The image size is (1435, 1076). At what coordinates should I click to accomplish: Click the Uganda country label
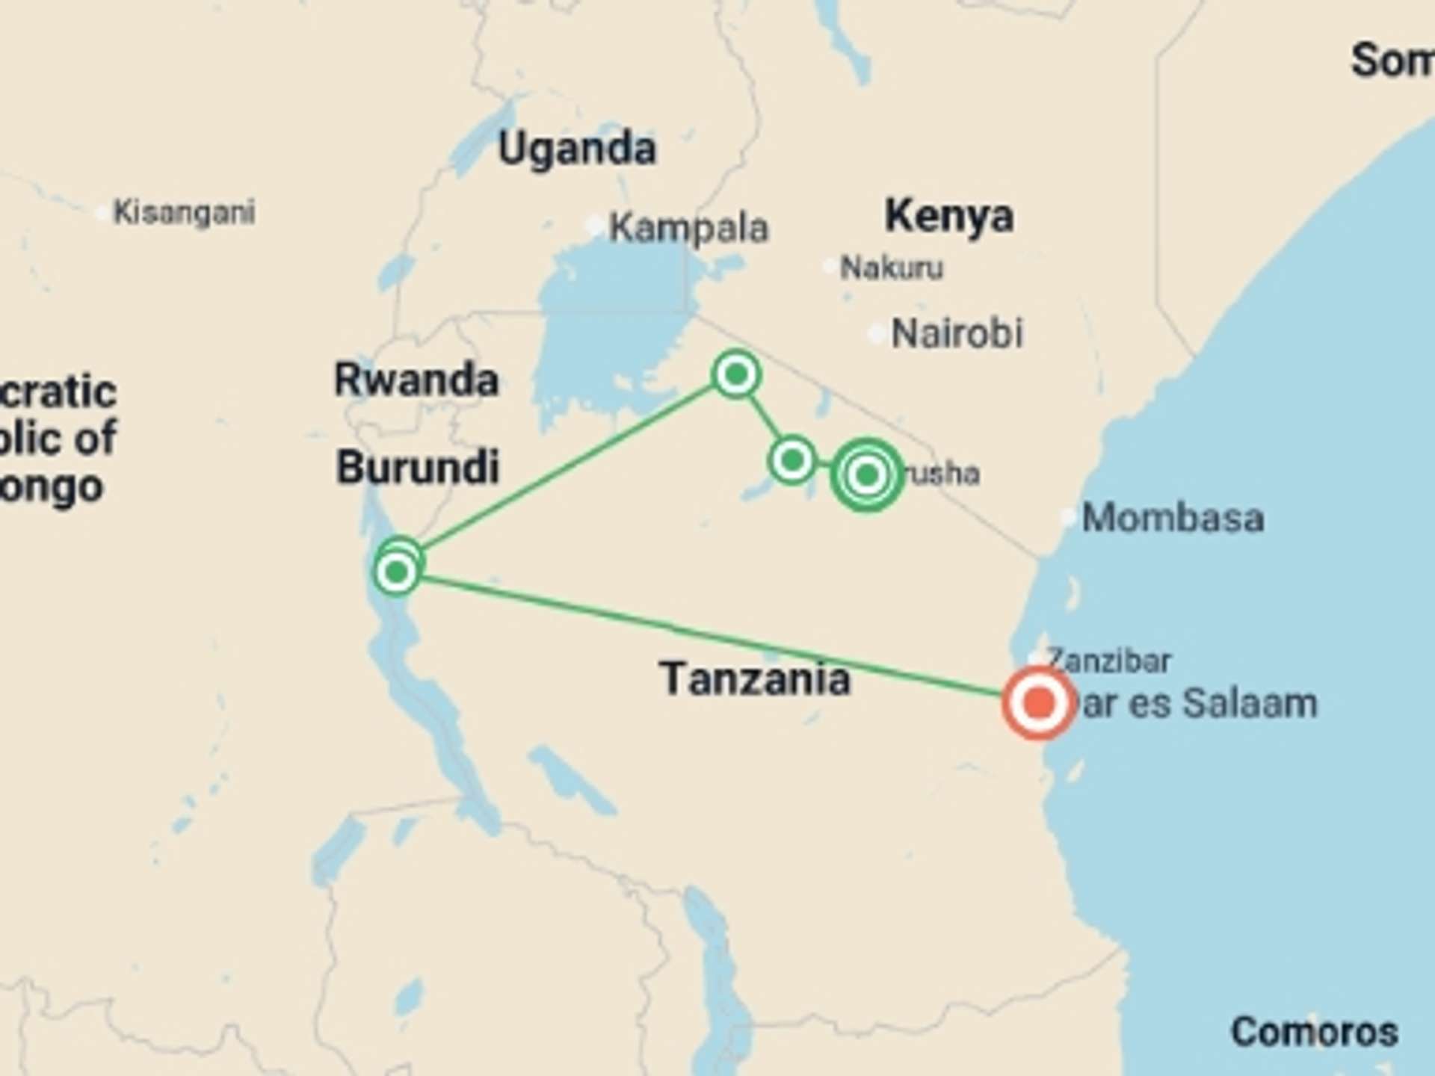577,149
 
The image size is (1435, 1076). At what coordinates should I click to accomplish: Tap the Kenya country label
949,216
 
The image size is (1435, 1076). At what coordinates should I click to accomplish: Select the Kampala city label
688,228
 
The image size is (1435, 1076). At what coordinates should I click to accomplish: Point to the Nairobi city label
957,333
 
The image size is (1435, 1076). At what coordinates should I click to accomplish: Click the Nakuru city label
892,268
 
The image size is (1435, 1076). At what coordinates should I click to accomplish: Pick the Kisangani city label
184,213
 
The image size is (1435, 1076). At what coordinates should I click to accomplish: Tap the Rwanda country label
416,380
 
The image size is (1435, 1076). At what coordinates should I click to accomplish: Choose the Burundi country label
418,468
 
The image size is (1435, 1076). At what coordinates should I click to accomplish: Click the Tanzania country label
755,679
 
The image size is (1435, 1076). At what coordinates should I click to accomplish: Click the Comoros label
1314,1032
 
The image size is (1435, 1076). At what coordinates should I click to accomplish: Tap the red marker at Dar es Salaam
1038,703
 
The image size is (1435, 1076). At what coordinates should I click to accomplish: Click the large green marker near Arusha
866,474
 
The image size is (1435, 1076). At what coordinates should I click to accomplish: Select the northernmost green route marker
736,374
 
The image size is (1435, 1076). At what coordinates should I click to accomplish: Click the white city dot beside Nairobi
876,334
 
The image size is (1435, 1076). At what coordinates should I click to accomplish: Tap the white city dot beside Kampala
595,226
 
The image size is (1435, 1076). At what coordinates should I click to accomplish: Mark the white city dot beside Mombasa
1069,516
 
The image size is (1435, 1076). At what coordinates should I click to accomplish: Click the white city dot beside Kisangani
102,214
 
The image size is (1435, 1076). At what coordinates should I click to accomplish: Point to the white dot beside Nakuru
830,267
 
